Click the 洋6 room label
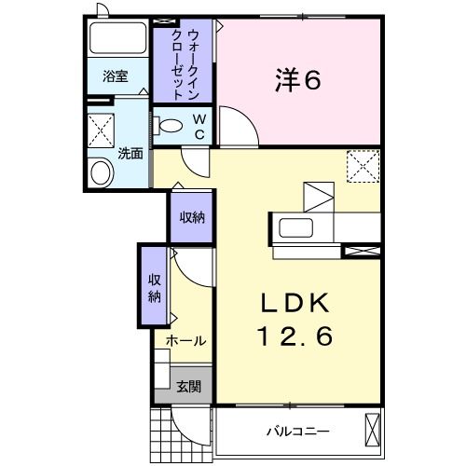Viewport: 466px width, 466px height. [x=297, y=81]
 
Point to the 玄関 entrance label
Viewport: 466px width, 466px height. [x=187, y=386]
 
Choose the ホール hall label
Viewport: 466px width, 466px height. [x=186, y=341]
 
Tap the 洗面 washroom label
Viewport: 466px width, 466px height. [x=130, y=153]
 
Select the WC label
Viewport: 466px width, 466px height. [x=199, y=127]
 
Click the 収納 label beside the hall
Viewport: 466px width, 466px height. [x=154, y=287]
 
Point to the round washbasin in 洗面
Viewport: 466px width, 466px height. [x=100, y=171]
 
